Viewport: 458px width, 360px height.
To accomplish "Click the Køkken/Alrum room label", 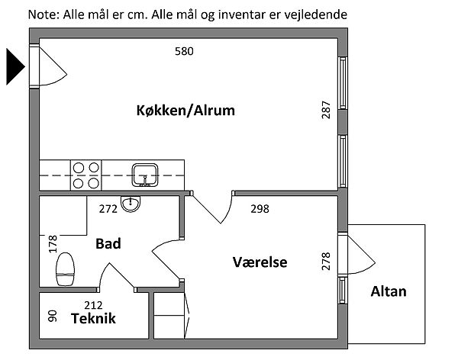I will pos(185,111).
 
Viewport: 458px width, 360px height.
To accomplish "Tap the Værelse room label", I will pos(260,262).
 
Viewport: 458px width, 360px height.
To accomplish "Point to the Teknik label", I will pos(93,319).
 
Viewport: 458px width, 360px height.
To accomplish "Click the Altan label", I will pos(389,291).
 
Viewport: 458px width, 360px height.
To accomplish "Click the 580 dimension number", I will pos(184,52).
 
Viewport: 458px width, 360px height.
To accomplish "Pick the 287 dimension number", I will pos(326,111).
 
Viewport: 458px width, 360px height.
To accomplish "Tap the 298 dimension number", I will pos(260,207).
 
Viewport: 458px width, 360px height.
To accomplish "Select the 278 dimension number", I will pos(326,262).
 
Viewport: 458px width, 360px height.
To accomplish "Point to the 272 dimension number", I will pos(108,207).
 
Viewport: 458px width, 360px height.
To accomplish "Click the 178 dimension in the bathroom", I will pos(53,244).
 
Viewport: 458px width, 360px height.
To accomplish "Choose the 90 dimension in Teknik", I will pos(53,316).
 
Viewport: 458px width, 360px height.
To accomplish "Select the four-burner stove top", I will pos(86,175).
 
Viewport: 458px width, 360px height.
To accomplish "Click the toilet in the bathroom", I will pos(66,268).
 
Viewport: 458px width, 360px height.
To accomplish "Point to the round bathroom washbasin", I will pos(132,204).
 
